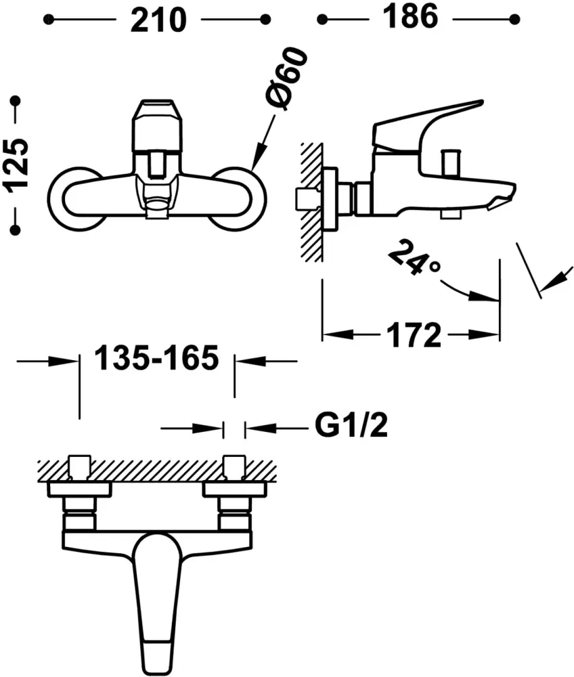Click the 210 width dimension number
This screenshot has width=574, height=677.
point(158,20)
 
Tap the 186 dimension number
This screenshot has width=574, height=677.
point(410,17)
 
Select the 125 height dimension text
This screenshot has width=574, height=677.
point(16,163)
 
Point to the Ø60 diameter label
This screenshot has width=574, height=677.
point(288,79)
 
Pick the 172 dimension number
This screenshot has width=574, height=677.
point(414,335)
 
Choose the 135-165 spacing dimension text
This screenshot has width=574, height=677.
point(156,358)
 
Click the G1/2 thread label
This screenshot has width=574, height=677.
point(351,425)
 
